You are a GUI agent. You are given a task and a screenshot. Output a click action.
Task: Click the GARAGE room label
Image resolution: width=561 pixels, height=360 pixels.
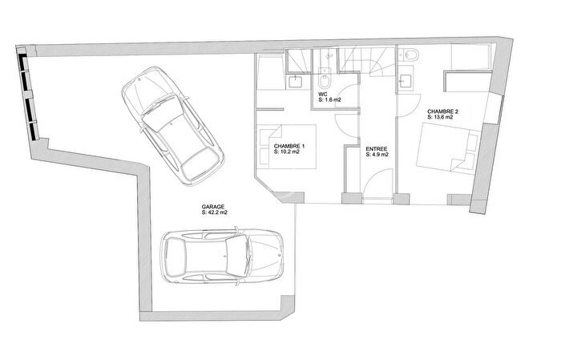(214, 207)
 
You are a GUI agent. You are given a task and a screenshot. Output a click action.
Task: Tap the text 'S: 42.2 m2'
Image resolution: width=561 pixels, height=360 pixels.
(215, 213)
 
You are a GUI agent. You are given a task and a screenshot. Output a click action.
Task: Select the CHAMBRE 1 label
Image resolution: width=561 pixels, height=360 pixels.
(289, 145)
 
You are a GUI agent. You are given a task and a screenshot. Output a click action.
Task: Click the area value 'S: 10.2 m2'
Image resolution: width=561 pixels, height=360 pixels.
(289, 152)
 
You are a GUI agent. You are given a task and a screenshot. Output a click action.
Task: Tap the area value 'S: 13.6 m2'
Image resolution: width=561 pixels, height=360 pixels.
(440, 118)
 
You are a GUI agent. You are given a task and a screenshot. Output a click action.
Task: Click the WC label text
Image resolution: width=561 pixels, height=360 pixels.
(323, 93)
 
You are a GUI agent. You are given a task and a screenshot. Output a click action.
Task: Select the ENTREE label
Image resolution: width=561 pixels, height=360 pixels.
(376, 148)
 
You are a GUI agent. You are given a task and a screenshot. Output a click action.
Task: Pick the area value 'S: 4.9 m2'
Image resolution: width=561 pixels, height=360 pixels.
(377, 155)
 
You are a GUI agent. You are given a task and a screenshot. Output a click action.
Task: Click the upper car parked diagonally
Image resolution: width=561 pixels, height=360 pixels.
(172, 122)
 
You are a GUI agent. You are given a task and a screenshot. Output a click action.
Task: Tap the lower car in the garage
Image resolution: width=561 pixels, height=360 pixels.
(223, 257)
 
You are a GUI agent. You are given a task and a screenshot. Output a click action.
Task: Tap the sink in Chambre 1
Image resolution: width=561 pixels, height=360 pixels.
(294, 80)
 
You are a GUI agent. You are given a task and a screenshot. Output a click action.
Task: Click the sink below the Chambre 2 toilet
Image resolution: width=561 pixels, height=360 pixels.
(406, 79)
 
